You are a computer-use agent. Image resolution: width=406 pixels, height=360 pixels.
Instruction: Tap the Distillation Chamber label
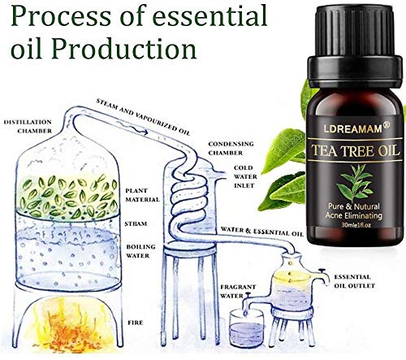[x=28, y=127]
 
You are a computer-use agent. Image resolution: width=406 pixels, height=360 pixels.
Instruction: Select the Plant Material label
[x=142, y=195]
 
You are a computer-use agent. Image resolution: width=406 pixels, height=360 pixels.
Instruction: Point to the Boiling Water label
[x=141, y=251]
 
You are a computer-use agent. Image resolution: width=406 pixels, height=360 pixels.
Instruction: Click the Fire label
[x=136, y=323]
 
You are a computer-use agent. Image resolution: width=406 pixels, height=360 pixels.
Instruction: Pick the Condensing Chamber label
[x=231, y=148]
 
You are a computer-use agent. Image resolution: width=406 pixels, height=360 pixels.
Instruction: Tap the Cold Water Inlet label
[x=245, y=176]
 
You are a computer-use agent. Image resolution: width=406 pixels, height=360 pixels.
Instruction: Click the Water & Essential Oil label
[x=262, y=232]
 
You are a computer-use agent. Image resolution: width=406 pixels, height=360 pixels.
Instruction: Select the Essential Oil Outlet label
[x=354, y=281]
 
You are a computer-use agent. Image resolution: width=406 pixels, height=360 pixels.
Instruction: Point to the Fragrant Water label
[x=238, y=291]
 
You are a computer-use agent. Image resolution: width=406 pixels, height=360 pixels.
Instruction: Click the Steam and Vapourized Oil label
[x=144, y=117]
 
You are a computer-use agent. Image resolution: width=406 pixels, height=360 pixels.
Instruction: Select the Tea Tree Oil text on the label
[x=355, y=150]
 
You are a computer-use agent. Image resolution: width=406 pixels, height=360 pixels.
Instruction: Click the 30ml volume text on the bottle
[x=356, y=225]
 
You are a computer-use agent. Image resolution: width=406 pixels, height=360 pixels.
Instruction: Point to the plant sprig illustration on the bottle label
[x=355, y=183]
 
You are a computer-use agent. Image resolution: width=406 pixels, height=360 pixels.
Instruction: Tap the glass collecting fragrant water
[x=247, y=328]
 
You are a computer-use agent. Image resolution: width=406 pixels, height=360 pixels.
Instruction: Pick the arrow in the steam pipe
[x=133, y=128]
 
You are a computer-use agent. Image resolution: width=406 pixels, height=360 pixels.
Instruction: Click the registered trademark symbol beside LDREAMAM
[x=387, y=124]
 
